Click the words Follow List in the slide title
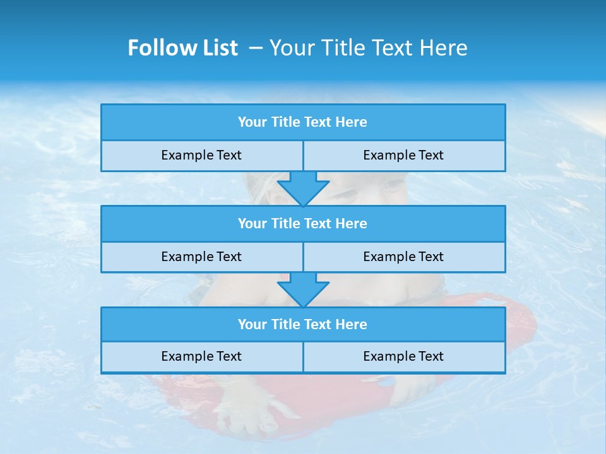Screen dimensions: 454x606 tap(182, 48)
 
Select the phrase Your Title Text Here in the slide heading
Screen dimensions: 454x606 tap(368, 48)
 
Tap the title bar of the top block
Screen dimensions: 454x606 tap(303, 122)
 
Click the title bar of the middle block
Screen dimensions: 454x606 tap(303, 224)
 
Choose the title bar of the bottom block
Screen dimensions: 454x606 tap(303, 325)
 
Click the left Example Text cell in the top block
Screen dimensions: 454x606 tap(201, 155)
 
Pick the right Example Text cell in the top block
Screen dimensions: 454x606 tap(403, 155)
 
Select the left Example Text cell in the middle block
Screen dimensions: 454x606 tap(201, 257)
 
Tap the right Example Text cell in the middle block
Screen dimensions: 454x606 tap(403, 257)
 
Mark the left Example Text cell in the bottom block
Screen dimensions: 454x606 tap(201, 356)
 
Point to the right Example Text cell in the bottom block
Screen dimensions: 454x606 tap(403, 356)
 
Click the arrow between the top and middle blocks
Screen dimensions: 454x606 tap(303, 188)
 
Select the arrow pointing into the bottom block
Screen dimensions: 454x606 tap(303, 289)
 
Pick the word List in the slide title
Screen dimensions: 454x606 tap(218, 48)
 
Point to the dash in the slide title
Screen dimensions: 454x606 tap(256, 48)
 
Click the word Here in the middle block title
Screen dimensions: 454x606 tap(351, 224)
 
